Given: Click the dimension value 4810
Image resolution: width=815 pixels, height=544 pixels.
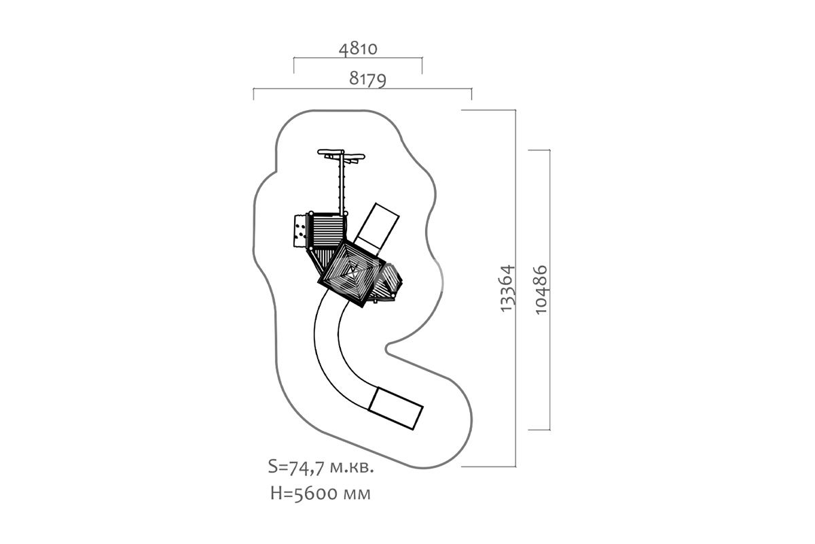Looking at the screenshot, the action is point(358,49).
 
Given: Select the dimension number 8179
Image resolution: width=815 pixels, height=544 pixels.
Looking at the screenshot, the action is point(367,79).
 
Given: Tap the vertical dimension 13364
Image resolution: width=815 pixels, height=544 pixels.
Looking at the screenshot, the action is point(507,288).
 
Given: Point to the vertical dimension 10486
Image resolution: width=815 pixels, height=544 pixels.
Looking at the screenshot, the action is point(541,290).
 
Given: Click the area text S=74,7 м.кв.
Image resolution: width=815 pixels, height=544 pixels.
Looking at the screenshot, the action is point(321,466).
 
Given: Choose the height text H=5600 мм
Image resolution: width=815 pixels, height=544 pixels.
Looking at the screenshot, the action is point(321,494).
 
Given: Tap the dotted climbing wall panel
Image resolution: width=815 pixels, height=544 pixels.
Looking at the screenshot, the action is point(300,231).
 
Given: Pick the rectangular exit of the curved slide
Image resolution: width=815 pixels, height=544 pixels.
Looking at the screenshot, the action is point(395,408).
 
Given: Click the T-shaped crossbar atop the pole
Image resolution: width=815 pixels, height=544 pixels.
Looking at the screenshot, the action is point(341,155).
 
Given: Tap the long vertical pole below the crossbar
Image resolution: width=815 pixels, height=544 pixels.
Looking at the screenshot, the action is point(342,186).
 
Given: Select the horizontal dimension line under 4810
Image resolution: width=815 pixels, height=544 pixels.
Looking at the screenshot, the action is point(358,58).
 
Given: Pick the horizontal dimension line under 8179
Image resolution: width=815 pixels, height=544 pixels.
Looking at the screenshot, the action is point(363,88).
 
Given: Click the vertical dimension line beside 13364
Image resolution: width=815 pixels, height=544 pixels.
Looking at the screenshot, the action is point(515,288).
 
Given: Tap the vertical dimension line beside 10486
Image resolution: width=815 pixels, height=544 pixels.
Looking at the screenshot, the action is point(549,290).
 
